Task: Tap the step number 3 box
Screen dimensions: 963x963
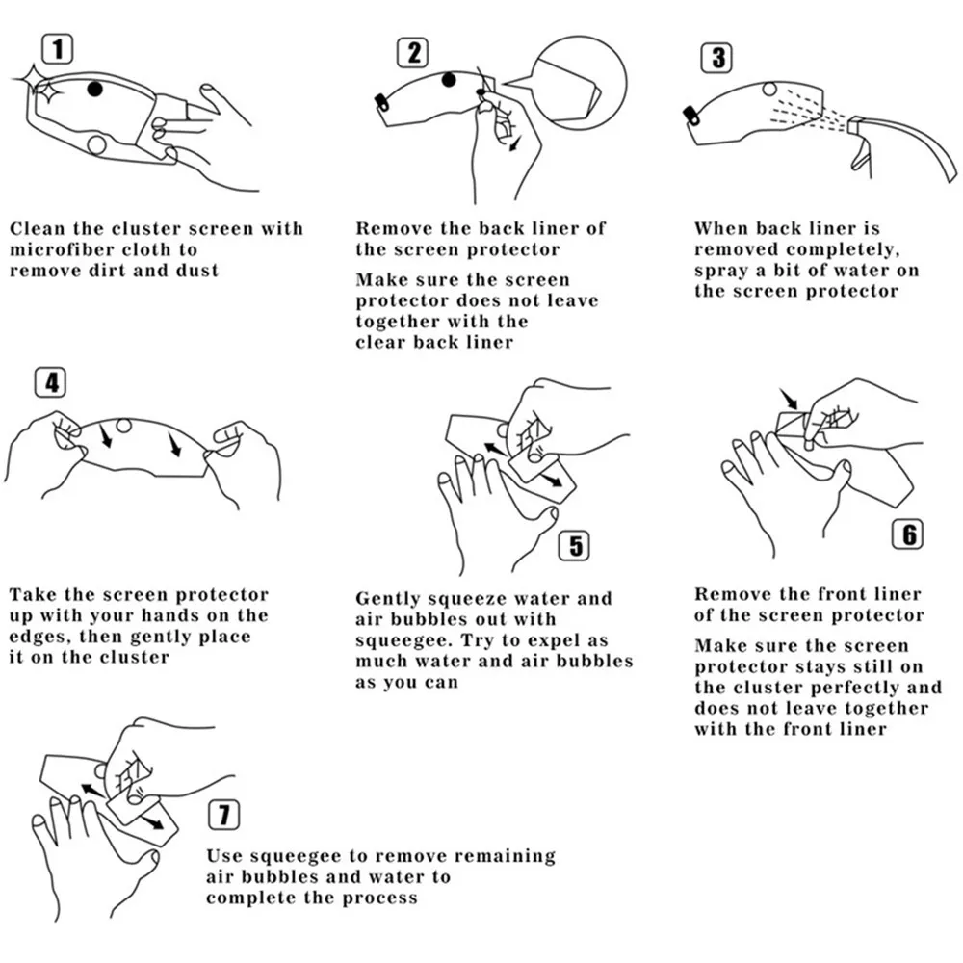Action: (718, 58)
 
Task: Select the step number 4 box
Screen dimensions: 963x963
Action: (50, 383)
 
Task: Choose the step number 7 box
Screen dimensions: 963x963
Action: (223, 817)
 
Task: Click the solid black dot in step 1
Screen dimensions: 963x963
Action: (94, 89)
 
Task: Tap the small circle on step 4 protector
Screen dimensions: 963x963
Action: (124, 426)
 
